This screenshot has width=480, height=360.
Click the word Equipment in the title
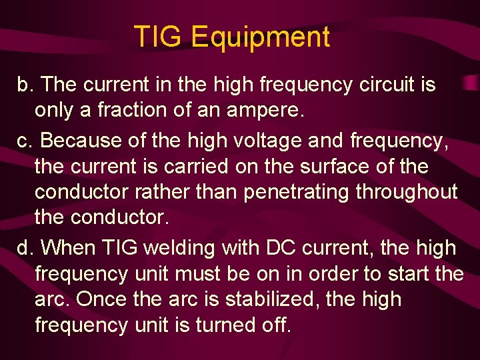coord(260,37)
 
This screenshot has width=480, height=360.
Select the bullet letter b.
coord(25,85)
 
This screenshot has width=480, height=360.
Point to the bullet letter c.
coord(24,141)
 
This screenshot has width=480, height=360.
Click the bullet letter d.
coord(25,248)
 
